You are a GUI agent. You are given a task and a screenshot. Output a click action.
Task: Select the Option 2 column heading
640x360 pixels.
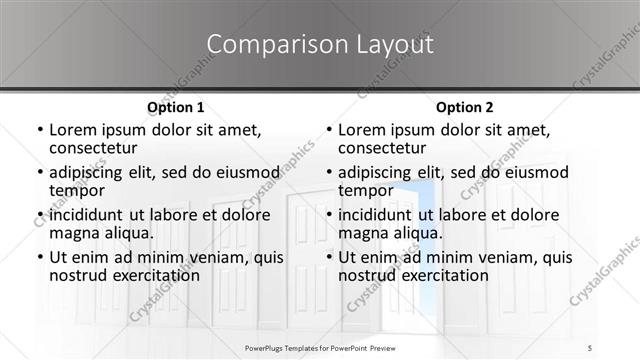465,107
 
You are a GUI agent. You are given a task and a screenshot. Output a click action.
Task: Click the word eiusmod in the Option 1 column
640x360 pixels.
241,171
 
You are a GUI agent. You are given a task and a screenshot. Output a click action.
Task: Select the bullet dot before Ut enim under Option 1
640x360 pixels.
38,256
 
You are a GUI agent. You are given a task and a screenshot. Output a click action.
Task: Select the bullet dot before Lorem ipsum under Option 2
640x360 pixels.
328,131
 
